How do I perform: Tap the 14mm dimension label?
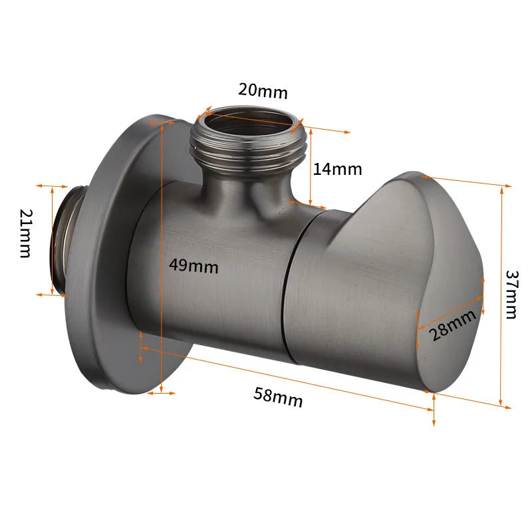[337, 169]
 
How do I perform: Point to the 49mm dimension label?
[194, 265]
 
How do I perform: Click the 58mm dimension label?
[278, 397]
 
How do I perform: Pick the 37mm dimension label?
[511, 293]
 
